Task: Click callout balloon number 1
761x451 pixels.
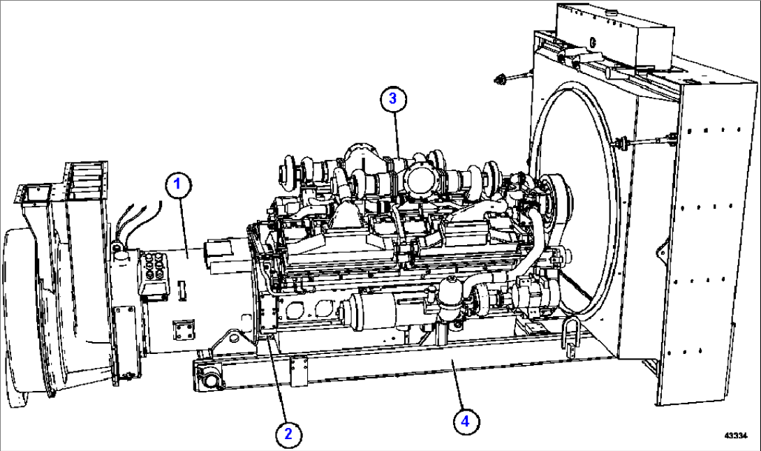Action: pos(177,184)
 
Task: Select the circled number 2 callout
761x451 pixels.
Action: pos(288,434)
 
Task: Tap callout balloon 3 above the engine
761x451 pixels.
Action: pos(392,98)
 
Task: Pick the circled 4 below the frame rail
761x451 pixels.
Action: pos(466,421)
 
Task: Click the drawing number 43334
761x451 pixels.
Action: pos(736,436)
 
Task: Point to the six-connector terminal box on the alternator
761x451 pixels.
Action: pos(154,272)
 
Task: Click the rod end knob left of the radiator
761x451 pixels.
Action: pos(499,78)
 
